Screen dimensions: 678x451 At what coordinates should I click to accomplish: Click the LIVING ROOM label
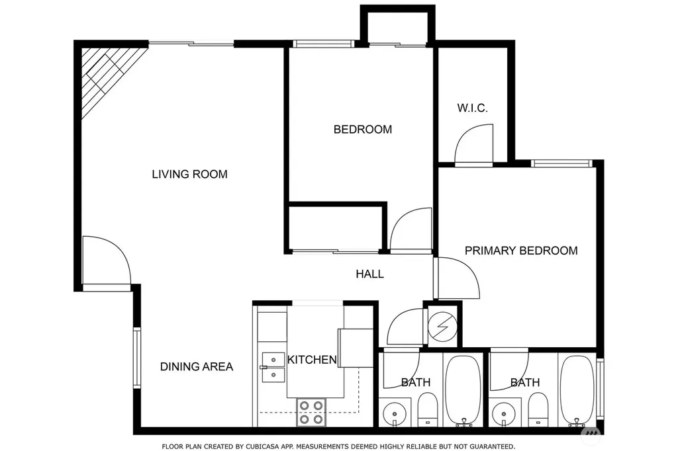(x=189, y=174)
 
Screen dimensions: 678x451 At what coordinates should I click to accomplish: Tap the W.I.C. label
(x=472, y=108)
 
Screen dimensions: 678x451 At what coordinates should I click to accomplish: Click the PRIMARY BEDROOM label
(x=521, y=251)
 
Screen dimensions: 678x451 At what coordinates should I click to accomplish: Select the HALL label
(x=369, y=274)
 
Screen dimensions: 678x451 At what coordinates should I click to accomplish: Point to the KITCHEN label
(x=312, y=360)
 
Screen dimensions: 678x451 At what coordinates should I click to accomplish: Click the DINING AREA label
(x=196, y=367)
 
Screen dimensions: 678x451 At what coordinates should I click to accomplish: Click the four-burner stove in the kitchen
(x=311, y=412)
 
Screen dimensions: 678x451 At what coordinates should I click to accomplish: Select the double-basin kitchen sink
(x=273, y=367)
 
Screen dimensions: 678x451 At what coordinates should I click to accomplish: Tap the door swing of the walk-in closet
(x=473, y=144)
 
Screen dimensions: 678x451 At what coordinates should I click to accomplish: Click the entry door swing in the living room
(x=107, y=261)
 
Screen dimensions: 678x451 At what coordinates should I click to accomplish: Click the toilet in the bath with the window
(x=538, y=409)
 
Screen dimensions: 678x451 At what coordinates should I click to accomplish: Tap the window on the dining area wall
(x=136, y=358)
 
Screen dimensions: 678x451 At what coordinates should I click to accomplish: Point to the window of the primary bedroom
(x=560, y=163)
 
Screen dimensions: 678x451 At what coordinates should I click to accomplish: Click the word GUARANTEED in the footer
(x=493, y=446)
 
